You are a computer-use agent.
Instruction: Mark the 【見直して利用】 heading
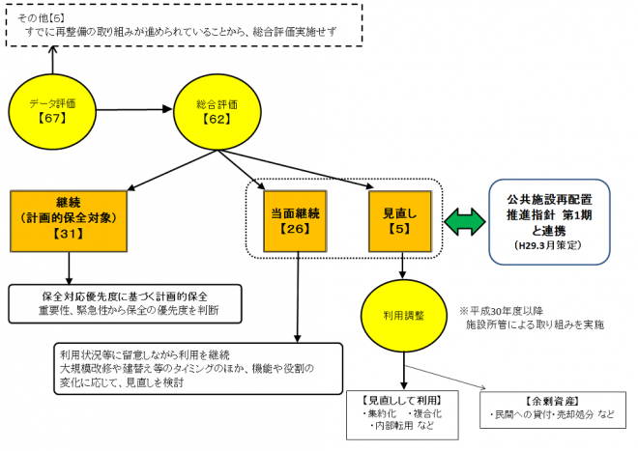pos(392,400)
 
